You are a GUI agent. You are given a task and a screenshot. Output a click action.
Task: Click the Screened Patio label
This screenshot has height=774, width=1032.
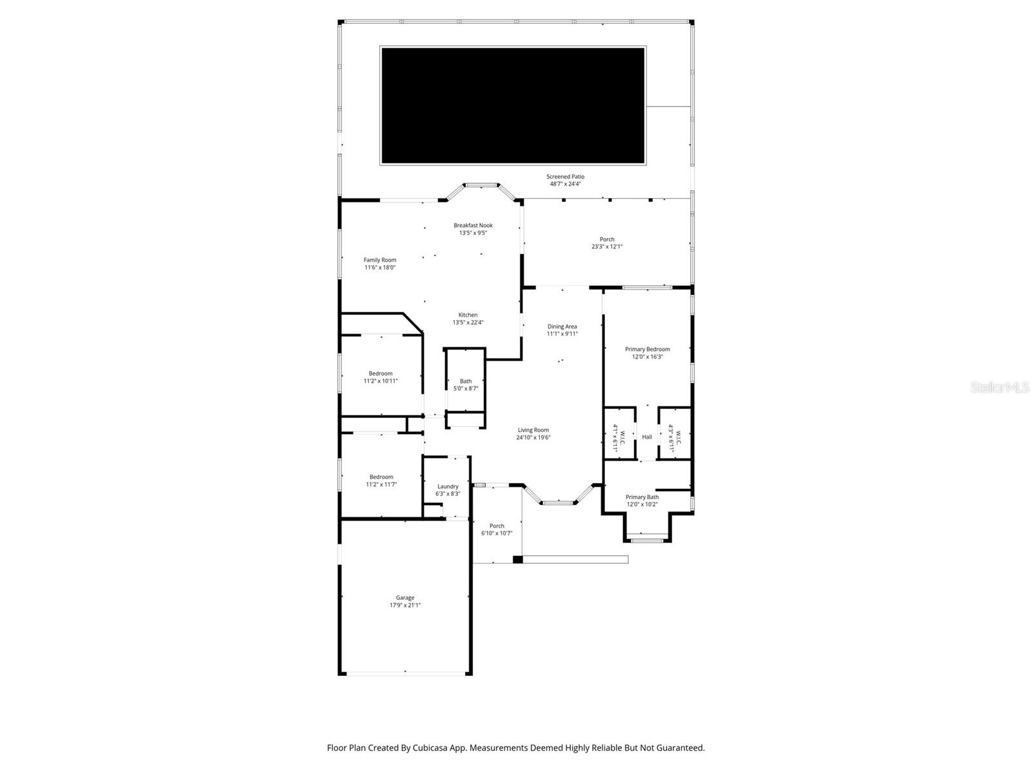(x=565, y=177)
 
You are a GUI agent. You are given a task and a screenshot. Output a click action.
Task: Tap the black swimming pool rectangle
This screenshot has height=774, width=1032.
(x=513, y=105)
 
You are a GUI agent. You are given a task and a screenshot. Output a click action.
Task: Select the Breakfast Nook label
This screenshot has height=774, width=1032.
(x=473, y=226)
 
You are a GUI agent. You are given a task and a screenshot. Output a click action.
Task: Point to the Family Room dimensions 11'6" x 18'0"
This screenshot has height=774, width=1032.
(x=380, y=268)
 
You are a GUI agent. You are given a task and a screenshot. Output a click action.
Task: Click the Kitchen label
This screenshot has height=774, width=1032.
(x=468, y=315)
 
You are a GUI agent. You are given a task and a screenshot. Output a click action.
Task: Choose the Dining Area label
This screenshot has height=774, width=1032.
(x=562, y=327)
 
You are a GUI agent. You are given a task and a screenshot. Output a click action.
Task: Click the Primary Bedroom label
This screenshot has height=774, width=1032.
(x=648, y=350)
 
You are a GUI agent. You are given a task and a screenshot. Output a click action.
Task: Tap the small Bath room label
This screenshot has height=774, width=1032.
(x=466, y=381)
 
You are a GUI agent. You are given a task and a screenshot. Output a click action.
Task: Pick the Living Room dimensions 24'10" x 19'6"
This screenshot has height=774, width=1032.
(x=533, y=437)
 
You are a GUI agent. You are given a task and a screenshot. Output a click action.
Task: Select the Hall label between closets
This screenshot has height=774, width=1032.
(x=647, y=437)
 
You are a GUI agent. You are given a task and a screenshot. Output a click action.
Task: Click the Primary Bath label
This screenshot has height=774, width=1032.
(x=642, y=497)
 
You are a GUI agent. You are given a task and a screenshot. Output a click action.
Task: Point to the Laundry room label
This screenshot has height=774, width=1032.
(x=448, y=487)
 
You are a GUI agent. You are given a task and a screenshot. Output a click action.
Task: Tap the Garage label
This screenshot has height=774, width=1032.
(x=405, y=598)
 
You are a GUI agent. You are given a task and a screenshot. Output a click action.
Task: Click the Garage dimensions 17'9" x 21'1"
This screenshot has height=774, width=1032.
(x=405, y=606)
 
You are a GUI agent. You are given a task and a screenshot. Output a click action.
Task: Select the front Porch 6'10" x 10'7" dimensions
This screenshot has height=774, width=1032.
(x=497, y=533)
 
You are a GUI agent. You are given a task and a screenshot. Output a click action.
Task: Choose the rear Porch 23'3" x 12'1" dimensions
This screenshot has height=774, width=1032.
(x=607, y=246)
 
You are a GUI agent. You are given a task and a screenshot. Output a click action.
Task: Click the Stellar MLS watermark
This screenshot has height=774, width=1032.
(x=1000, y=388)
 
